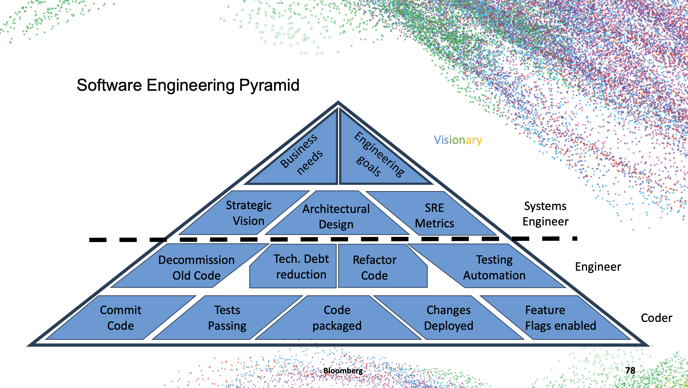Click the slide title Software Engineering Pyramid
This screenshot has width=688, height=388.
(x=188, y=85)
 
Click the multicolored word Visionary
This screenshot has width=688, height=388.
(x=458, y=140)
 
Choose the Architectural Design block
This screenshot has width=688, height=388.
(x=336, y=217)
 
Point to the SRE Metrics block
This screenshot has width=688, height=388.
(x=434, y=216)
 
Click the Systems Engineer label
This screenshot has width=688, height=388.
(x=545, y=214)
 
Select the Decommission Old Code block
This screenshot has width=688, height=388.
(x=196, y=268)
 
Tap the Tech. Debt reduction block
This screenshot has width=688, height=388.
(x=301, y=267)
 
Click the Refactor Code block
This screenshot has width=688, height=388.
(x=375, y=268)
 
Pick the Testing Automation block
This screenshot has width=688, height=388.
(x=494, y=267)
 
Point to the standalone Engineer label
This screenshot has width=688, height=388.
(x=598, y=267)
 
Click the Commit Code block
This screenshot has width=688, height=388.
(x=121, y=318)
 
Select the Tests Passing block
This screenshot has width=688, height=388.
(x=227, y=318)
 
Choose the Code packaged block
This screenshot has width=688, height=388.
(x=337, y=318)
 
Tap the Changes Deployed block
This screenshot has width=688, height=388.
(x=448, y=318)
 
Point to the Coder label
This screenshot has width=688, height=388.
(x=656, y=318)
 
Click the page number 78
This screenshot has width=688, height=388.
(x=630, y=370)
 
